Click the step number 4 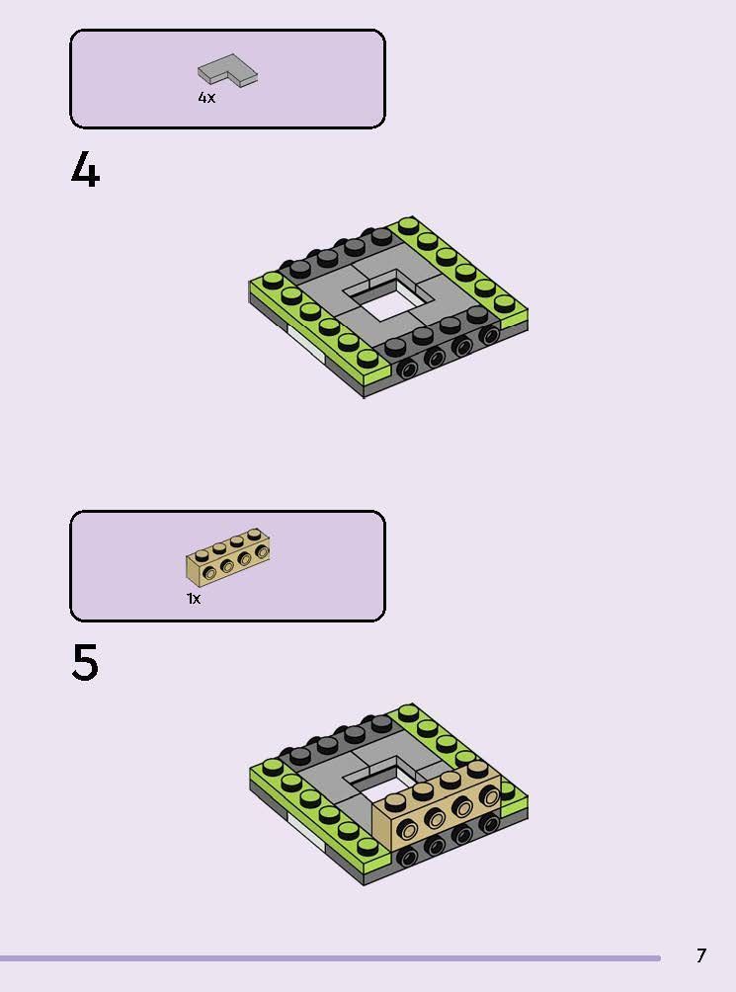click(x=85, y=172)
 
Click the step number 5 click(x=85, y=663)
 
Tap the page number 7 click(x=701, y=955)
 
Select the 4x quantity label click(x=206, y=98)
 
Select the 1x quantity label click(x=194, y=599)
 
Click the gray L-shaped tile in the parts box click(x=227, y=69)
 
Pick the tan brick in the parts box click(x=228, y=558)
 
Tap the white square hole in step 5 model click(x=385, y=781)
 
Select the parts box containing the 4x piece click(x=227, y=79)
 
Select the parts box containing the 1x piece click(x=227, y=565)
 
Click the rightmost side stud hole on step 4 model click(x=489, y=336)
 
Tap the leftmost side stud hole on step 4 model click(x=407, y=370)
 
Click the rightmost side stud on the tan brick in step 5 click(x=490, y=795)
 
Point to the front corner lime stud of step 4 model click(x=368, y=359)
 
